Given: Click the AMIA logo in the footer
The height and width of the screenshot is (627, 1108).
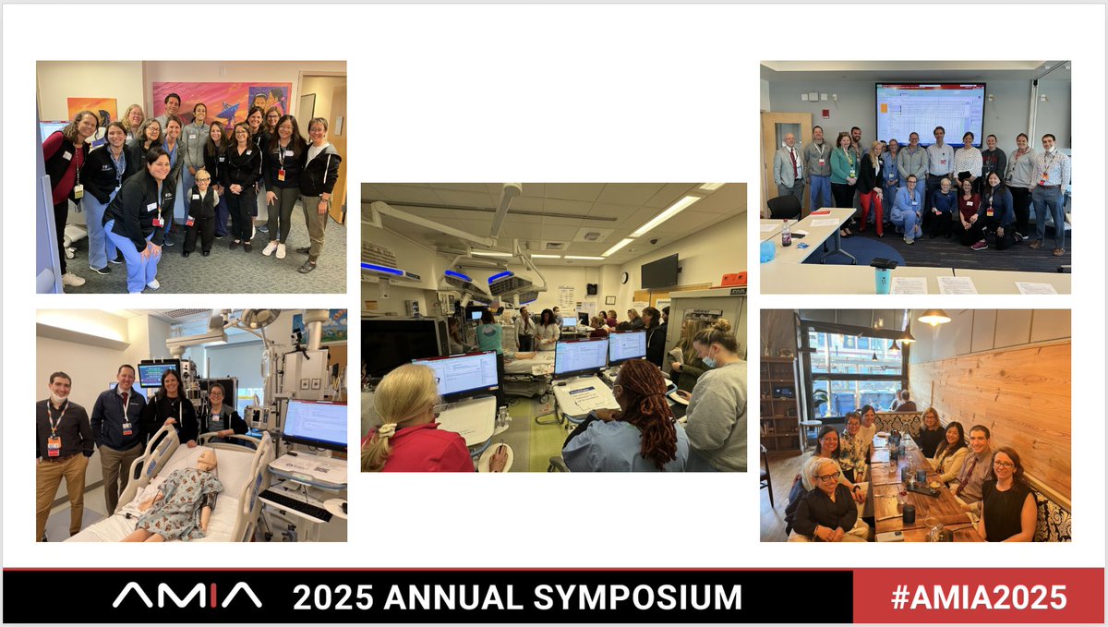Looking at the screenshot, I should click(187, 597).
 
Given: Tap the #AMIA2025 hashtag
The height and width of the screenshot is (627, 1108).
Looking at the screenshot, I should click(979, 597).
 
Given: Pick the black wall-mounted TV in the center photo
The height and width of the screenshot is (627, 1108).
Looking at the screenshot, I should click(659, 271).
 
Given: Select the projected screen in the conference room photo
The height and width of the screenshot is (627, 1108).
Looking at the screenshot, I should click(930, 113).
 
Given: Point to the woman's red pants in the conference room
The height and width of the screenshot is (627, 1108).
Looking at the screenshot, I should click(870, 212).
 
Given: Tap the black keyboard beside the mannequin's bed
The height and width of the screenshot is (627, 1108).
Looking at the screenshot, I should click(295, 504).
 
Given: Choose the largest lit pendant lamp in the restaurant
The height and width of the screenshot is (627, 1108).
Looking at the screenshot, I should click(934, 318).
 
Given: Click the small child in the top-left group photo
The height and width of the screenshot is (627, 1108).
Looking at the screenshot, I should click(201, 213).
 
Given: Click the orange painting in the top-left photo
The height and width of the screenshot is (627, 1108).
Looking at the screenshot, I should click(91, 110).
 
